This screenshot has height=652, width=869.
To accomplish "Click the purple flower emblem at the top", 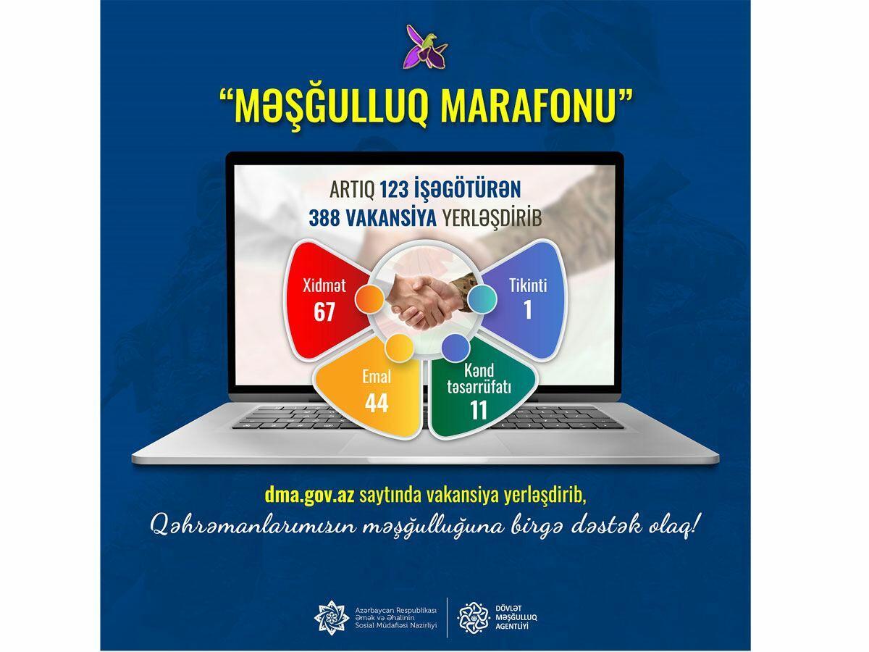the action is click(x=425, y=46).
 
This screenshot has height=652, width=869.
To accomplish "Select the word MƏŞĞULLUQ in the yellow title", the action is click(x=332, y=109).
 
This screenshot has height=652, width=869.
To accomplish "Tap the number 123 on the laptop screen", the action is click(x=394, y=190).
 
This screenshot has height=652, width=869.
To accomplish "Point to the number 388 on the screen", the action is click(x=324, y=218).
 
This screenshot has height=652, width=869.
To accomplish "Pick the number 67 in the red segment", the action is click(x=324, y=312).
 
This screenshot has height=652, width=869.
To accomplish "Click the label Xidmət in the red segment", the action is click(x=324, y=285).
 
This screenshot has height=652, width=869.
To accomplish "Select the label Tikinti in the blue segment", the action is click(x=528, y=285).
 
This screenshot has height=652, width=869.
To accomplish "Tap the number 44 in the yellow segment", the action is click(x=377, y=403).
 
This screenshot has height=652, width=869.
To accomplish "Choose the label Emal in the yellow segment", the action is click(x=377, y=377).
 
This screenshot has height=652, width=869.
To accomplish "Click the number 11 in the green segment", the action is click(x=479, y=410).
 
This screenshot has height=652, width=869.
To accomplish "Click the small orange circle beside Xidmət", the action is click(x=369, y=300).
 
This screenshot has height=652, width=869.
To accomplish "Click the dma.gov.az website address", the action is click(x=310, y=496).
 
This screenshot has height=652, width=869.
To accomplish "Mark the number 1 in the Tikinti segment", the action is click(x=528, y=310).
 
